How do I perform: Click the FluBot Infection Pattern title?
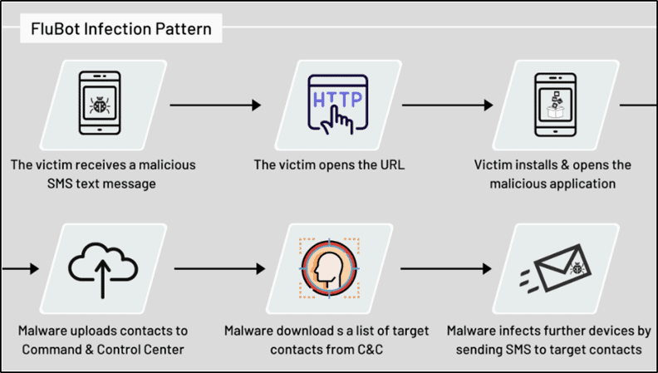coord(120,29)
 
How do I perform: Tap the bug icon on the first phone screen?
coord(100,105)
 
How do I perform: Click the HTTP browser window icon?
coord(338,104)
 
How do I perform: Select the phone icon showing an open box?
coord(555,105)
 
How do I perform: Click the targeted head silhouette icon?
coord(329,268)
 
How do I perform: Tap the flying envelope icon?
coord(556,268)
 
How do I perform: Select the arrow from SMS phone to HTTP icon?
coord(215,105)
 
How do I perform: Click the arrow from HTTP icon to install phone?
coord(447,105)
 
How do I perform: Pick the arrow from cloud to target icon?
coord(219,268)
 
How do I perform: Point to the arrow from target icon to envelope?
coord(445,268)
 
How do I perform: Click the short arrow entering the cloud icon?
coord(20,268)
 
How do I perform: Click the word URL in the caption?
coord(392,164)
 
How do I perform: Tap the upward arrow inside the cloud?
coord(103,278)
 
